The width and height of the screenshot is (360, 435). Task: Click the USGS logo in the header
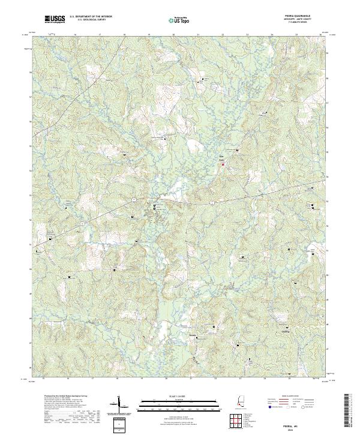(x=55, y=19)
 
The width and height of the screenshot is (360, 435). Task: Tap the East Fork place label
(x=220, y=160)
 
